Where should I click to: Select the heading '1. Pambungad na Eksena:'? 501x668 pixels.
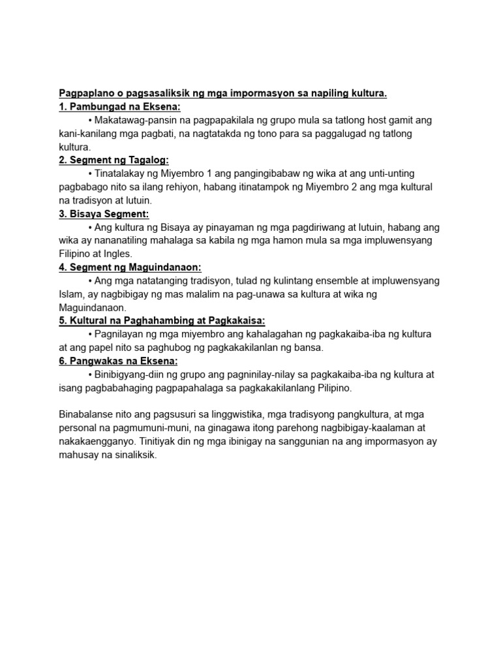coord(119,107)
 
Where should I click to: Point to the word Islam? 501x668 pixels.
coord(70,294)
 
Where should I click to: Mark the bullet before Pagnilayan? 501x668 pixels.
coord(89,334)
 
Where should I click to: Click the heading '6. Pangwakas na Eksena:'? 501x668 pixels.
coord(118,361)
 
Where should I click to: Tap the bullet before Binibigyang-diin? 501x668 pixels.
coord(89,374)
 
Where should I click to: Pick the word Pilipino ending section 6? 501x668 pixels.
coord(331,387)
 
